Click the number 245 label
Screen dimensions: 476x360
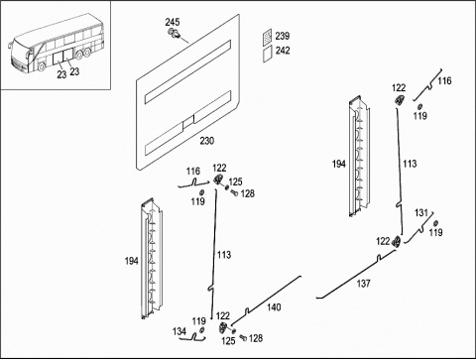pos(173,22)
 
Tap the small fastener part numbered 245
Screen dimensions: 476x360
pos(175,33)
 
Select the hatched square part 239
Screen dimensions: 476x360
pos(268,37)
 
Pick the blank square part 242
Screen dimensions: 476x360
pos(268,54)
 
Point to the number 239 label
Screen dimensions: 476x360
pos(283,36)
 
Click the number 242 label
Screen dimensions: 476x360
pos(283,51)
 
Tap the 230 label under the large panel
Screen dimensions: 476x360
pos(207,141)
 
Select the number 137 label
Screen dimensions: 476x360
pos(363,284)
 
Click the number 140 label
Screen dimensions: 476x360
pos(274,307)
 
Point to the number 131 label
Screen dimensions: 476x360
pos(421,213)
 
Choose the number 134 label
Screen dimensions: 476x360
pos(179,331)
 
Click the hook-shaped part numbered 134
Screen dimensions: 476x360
pos(195,337)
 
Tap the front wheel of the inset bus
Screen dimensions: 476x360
pos(42,66)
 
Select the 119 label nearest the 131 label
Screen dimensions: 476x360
pos(435,232)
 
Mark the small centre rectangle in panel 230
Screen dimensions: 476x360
pos(188,122)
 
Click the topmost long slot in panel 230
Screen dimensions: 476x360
pos(187,71)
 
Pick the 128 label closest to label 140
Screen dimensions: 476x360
pos(256,338)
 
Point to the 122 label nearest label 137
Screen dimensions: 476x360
pos(383,241)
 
